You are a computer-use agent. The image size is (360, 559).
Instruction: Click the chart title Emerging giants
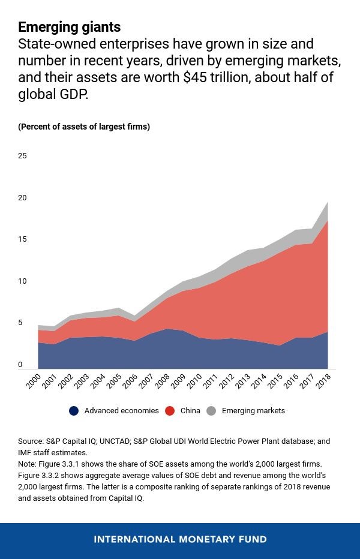click(69, 27)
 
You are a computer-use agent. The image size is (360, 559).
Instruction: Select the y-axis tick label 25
click(23, 156)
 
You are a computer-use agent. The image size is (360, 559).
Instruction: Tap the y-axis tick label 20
click(23, 198)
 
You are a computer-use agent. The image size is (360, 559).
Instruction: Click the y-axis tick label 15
click(23, 240)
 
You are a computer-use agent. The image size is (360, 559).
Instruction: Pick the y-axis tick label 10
click(23, 281)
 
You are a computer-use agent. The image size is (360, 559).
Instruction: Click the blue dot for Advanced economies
click(74, 411)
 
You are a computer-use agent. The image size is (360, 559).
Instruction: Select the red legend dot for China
click(170, 411)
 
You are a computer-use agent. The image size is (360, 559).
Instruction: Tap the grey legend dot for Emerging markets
click(211, 411)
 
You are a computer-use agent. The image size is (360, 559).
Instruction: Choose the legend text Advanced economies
click(121, 411)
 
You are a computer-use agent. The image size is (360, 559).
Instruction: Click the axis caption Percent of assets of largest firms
click(84, 127)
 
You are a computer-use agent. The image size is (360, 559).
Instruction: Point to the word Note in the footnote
click(27, 464)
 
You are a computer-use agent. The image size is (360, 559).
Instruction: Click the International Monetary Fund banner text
click(180, 539)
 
